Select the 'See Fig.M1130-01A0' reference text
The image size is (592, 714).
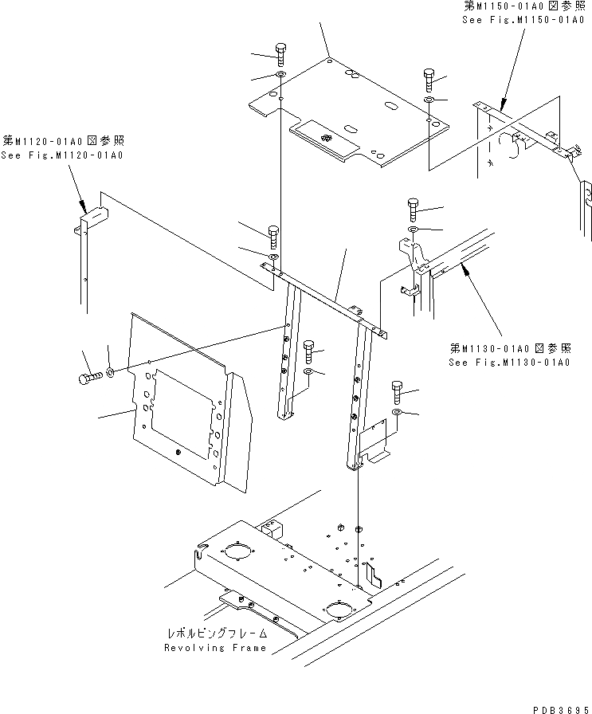509,363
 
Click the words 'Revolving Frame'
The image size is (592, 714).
215,648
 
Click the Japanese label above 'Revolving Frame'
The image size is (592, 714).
216,634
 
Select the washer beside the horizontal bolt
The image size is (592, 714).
110,372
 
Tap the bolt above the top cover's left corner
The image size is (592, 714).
280,54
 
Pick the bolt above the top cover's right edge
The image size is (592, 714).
429,78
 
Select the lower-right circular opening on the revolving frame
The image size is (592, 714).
337,610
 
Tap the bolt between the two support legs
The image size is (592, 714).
309,350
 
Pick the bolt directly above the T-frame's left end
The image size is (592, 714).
273,237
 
